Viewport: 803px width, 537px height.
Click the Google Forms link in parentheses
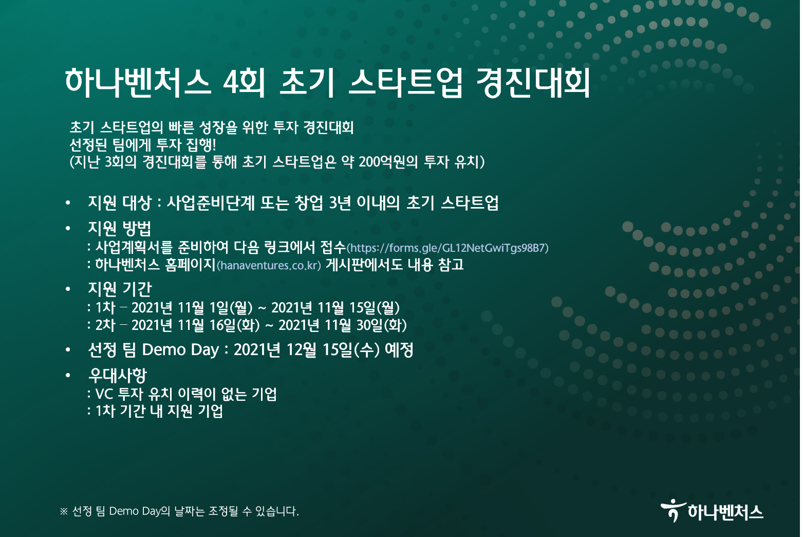(x=447, y=248)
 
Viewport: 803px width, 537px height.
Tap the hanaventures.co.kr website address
(x=269, y=266)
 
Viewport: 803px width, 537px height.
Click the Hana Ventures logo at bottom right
(x=712, y=511)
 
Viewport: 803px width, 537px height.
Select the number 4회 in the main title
(x=244, y=84)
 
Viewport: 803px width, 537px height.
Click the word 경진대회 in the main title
(x=533, y=83)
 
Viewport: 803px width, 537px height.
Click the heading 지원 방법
(x=120, y=228)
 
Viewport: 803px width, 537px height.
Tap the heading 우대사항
(x=118, y=376)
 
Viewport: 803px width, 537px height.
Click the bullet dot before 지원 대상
(x=68, y=203)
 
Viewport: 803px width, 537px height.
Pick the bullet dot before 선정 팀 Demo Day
(x=68, y=350)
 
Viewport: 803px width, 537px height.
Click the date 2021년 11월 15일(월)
(x=335, y=308)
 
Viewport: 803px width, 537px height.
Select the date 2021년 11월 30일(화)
(x=342, y=325)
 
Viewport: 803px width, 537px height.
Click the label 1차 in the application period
(x=105, y=308)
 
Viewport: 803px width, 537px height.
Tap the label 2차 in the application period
(x=105, y=325)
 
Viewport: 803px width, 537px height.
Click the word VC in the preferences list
(x=104, y=394)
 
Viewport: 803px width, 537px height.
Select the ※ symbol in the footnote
(x=64, y=511)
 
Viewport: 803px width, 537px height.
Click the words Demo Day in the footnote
(x=134, y=511)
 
